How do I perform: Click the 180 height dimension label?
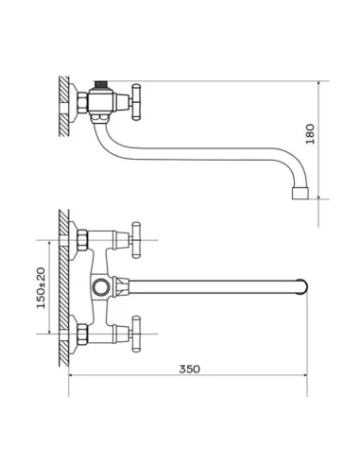310,134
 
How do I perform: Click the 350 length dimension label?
189,369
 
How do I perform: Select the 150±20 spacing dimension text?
41,288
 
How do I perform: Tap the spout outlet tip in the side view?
300,194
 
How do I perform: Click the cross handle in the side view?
136,102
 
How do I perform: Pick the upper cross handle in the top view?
136,240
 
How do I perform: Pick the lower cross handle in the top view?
136,334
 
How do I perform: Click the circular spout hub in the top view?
101,287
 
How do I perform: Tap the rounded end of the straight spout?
302,286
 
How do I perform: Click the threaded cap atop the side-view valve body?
101,84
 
